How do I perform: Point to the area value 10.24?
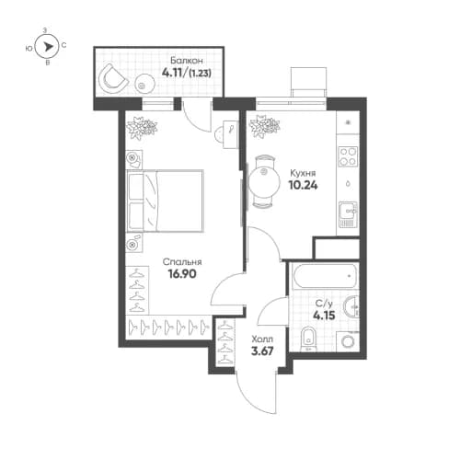pos(303,184)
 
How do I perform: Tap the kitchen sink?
pos(347,214)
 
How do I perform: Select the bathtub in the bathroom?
pos(323,275)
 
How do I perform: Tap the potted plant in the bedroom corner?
pos(134,129)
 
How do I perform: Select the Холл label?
pos(263,339)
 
